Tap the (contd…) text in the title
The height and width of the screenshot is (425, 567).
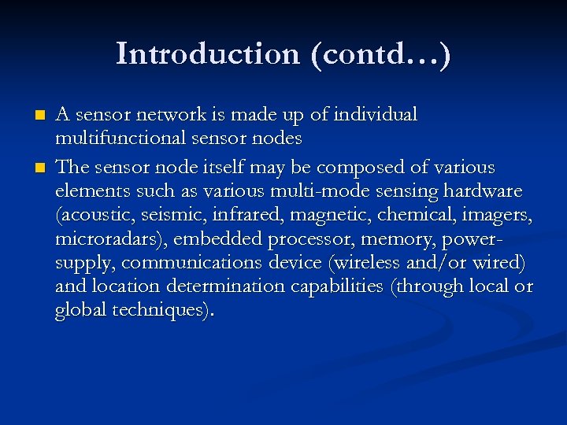click(x=381, y=54)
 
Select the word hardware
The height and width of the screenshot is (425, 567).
click(x=483, y=191)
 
